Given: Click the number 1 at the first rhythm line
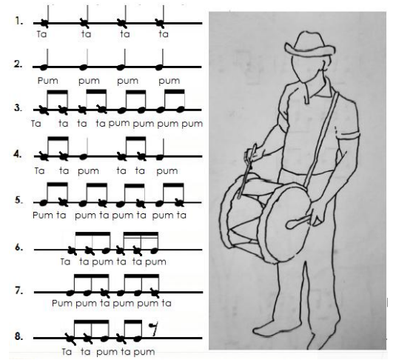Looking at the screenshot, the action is [x=19, y=21].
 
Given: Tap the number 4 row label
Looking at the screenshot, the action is [x=18, y=154].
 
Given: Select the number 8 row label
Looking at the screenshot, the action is [x=19, y=336].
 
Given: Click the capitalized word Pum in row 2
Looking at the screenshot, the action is [x=47, y=81].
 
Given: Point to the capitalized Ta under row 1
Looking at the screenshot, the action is [x=41, y=34].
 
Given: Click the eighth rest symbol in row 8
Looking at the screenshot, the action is [x=154, y=330].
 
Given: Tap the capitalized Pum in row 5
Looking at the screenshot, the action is [x=43, y=216].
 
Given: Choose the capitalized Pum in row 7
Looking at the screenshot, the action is [x=62, y=303].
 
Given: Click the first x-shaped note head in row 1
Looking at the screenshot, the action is [x=44, y=24].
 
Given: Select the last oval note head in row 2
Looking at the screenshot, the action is [x=159, y=67].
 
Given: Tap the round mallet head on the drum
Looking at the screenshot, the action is [x=292, y=224].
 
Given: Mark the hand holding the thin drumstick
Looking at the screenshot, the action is [x=255, y=154].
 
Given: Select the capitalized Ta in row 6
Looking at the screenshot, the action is [x=65, y=261].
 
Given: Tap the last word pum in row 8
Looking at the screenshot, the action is [x=144, y=352].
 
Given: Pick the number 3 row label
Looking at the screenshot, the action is [x=19, y=108].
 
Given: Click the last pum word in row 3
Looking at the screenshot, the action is [x=192, y=124].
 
